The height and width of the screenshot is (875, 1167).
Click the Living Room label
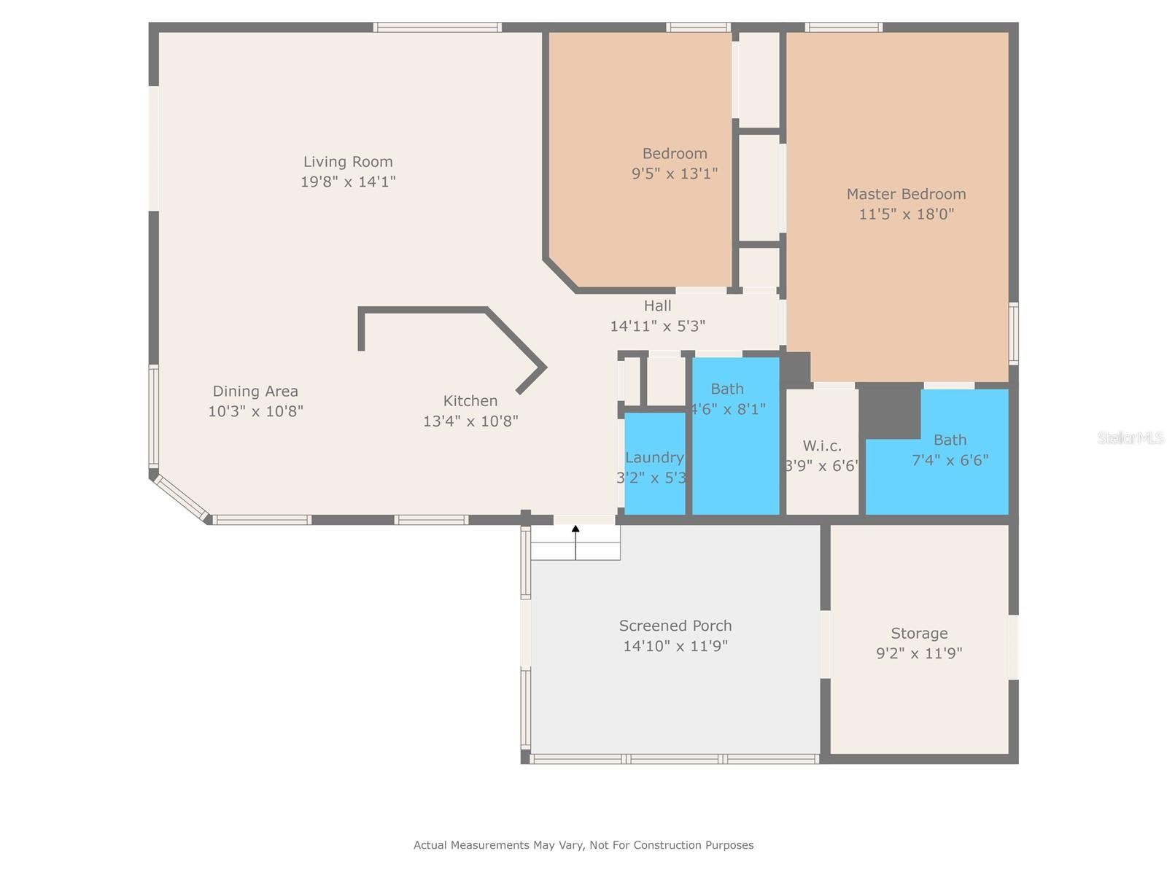pyautogui.click(x=348, y=162)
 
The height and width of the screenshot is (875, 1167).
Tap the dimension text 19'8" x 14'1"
pyautogui.click(x=348, y=182)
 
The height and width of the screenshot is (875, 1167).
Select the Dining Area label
pyautogui.click(x=255, y=392)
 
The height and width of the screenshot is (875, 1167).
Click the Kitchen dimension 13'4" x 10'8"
pyautogui.click(x=470, y=421)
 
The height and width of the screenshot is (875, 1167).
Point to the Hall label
pyautogui.click(x=657, y=306)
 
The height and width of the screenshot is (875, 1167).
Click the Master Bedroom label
pyautogui.click(x=906, y=194)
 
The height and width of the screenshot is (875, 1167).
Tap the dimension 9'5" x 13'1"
pyautogui.click(x=675, y=174)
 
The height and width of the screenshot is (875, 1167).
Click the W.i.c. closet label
pyautogui.click(x=822, y=446)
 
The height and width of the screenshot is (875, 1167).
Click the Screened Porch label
pyautogui.click(x=675, y=626)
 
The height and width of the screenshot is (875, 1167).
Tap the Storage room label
pyautogui.click(x=919, y=634)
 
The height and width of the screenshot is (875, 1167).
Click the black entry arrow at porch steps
pyautogui.click(x=575, y=529)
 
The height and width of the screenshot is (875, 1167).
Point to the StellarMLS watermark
pyautogui.click(x=1131, y=438)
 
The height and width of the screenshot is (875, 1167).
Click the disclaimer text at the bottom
pyautogui.click(x=583, y=845)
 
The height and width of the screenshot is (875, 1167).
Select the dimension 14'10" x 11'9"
pyautogui.click(x=675, y=646)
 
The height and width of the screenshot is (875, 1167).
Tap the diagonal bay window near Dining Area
pyautogui.click(x=180, y=497)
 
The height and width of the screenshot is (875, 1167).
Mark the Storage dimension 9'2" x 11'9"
pyautogui.click(x=919, y=653)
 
